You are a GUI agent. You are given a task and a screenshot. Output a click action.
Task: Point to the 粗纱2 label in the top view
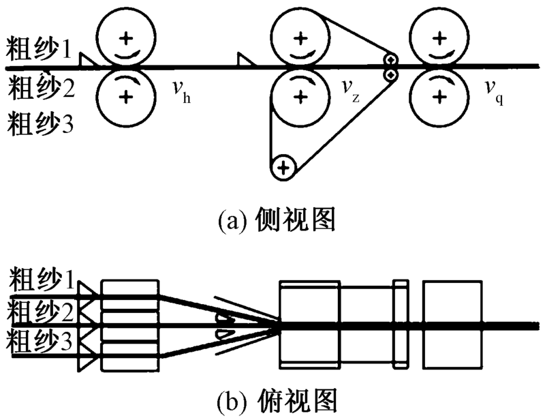click(39, 316)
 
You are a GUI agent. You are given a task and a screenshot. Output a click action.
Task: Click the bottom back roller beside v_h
click(125, 96)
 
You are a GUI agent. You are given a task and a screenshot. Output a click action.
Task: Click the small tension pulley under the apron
click(283, 166)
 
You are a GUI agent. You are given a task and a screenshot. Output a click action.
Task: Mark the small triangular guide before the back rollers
click(86, 61)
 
